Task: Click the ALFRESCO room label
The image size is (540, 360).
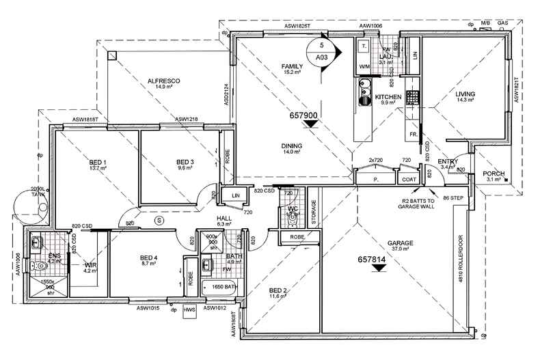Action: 163,81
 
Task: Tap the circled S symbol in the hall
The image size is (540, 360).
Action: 159,221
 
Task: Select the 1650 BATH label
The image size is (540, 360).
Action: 223,288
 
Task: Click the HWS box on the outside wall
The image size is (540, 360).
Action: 190,309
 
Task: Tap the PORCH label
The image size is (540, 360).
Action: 494,174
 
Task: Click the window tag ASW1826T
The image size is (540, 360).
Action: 297,26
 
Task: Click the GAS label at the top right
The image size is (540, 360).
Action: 502,23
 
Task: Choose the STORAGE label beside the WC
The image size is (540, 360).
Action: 314,213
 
